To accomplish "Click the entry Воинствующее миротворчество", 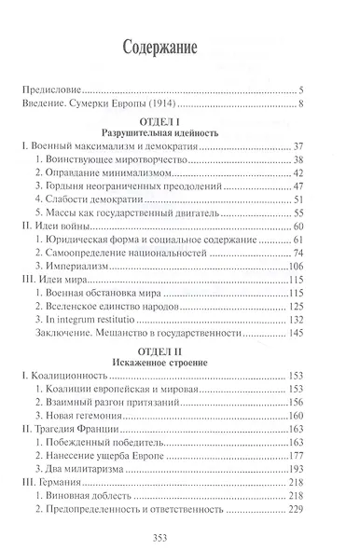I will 112,159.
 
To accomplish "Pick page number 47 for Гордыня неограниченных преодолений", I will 325,186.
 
